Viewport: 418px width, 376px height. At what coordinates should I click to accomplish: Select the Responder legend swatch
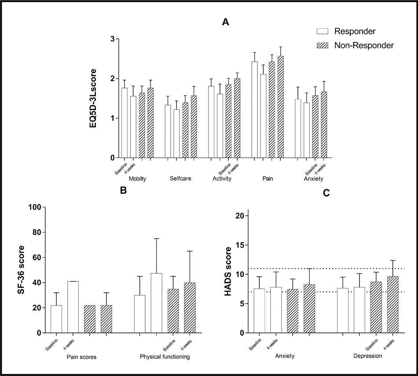[323, 31]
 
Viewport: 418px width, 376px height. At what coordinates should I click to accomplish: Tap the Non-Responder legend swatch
[323, 45]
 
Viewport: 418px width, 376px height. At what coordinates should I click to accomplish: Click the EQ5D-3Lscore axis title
[93, 98]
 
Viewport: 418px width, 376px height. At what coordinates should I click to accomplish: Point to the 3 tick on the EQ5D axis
[112, 39]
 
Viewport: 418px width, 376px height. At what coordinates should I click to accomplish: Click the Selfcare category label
[180, 179]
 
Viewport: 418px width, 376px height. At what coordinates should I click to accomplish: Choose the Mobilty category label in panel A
[137, 179]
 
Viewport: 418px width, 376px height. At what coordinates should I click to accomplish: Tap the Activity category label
[222, 179]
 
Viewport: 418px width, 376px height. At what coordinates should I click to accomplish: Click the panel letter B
[124, 191]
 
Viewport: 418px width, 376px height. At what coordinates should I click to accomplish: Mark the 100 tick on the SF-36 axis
[34, 207]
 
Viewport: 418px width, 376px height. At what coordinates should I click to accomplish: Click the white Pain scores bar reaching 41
[73, 307]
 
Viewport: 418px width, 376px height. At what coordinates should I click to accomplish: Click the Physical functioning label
[165, 357]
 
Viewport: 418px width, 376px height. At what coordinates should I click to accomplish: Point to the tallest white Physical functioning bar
[156, 303]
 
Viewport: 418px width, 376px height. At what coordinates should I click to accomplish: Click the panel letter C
[326, 193]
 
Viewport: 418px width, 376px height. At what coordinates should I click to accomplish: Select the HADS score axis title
[228, 270]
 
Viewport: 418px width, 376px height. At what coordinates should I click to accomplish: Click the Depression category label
[367, 356]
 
